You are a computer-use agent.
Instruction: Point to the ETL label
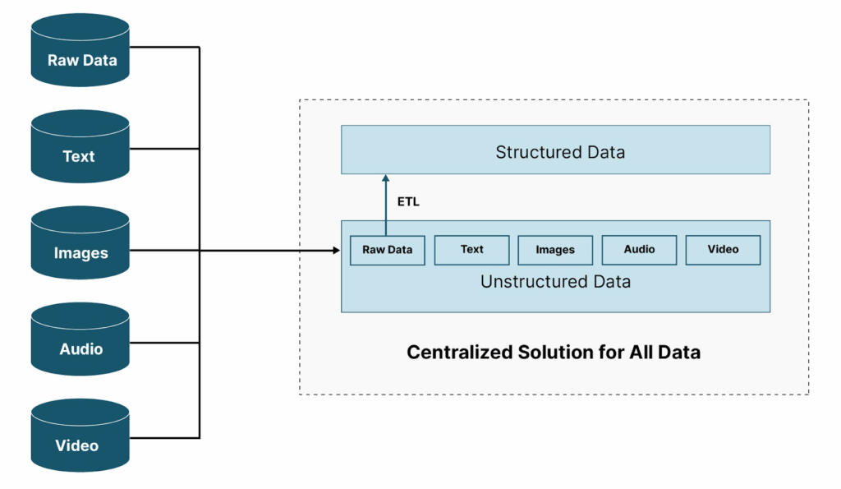point(408,201)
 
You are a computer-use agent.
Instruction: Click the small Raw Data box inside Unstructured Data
point(387,250)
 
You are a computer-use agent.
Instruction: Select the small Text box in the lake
point(471,250)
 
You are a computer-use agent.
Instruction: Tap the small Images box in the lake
point(555,250)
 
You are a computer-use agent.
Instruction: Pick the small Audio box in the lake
point(639,250)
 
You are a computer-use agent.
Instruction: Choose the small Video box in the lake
point(723,250)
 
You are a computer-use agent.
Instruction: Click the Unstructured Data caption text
point(555,282)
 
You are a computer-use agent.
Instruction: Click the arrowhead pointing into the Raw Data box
point(337,250)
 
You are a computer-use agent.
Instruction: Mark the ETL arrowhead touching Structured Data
point(386,178)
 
